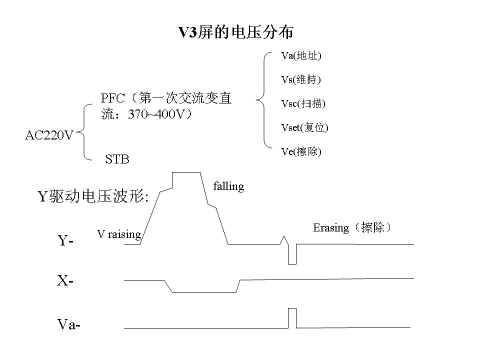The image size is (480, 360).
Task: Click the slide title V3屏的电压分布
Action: coord(236,32)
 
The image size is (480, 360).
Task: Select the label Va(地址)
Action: coord(301,55)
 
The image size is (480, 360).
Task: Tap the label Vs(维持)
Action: coord(301,79)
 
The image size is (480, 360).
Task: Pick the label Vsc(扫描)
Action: coord(303,103)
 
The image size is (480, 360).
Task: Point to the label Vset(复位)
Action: coord(304,127)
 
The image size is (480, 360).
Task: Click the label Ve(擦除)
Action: coord(301,151)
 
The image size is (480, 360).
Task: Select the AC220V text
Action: coord(49,135)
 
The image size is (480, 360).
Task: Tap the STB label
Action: coord(117,159)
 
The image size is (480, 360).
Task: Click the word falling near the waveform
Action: coord(228,186)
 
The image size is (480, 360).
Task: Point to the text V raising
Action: coord(119,234)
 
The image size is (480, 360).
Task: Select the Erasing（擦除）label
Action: coord(352,228)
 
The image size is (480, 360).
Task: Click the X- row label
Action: coord(65,281)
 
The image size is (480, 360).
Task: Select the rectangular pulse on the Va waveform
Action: coord(292,318)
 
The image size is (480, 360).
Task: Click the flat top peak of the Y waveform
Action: coord(186,172)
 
